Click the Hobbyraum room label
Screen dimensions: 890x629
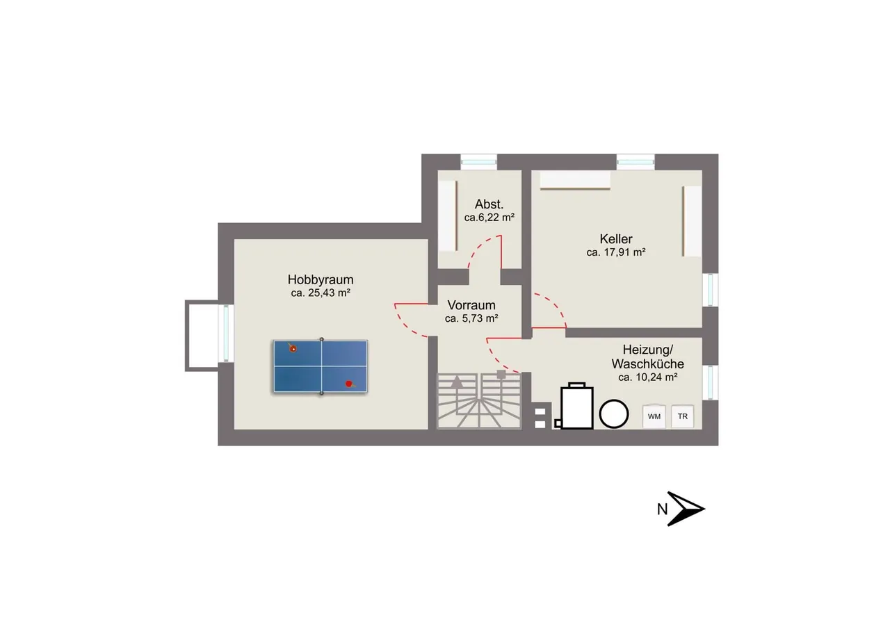tap(321, 279)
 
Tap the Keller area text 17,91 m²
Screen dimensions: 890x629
tap(624, 252)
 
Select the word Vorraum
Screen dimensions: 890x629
tap(471, 305)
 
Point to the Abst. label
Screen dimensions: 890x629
tap(489, 204)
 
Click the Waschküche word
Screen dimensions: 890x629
tap(647, 363)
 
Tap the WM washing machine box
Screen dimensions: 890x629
tap(654, 416)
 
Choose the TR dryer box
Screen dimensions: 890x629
tap(683, 416)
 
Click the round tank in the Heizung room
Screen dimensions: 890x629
tap(614, 414)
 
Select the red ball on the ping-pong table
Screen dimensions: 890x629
tap(348, 384)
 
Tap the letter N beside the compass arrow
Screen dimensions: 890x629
tap(662, 509)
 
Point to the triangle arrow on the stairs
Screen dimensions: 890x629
tap(457, 382)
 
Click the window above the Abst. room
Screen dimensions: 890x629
tap(479, 162)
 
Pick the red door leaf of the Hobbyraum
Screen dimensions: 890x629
tap(411, 304)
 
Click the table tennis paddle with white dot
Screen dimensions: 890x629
tap(293, 348)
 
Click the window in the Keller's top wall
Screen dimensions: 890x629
tap(636, 162)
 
